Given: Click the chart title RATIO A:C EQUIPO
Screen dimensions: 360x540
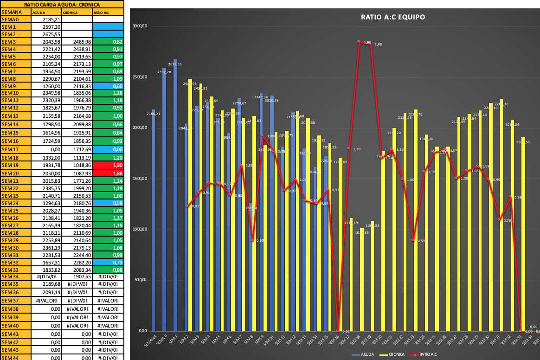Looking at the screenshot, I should tap(393, 17).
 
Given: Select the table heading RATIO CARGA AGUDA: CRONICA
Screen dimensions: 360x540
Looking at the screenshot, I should tap(62, 5).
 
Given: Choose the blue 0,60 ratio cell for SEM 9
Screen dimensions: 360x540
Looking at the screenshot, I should tap(108, 86).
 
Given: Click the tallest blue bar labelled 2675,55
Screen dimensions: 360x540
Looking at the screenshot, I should tap(175, 195).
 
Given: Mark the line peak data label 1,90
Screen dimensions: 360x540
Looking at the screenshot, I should tap(367, 43).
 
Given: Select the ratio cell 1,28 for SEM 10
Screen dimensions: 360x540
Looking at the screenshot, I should tap(108, 93).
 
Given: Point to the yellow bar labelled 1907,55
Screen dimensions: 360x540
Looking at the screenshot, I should tap(523, 234).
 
